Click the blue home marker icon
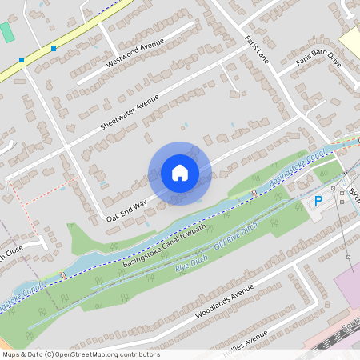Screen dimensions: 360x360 pos(180,173)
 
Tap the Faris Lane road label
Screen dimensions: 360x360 pos(257,47)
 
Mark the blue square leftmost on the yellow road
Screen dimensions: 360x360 pos(22,59)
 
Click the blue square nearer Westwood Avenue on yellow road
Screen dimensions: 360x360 pos(54,49)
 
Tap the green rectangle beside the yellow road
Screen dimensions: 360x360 pos(7,34)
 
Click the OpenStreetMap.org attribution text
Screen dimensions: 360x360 pos(80,354)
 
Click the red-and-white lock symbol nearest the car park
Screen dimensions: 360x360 pos(254,194)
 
